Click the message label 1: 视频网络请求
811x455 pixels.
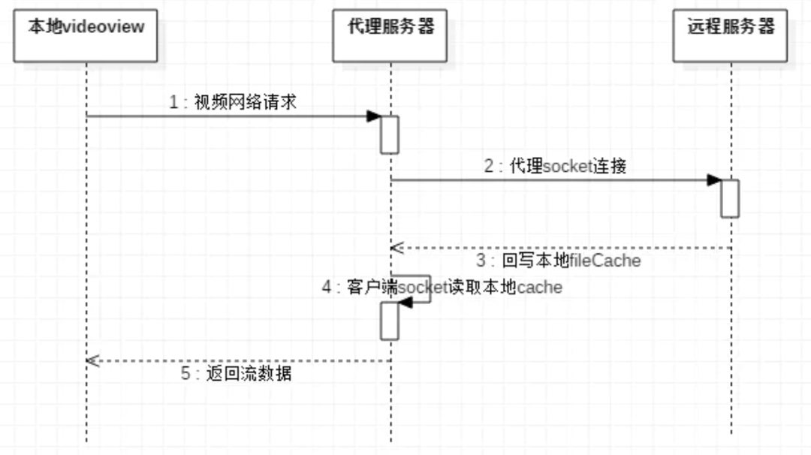coord(233,102)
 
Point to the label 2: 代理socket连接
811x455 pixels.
coord(555,166)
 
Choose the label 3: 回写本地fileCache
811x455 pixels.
coord(559,261)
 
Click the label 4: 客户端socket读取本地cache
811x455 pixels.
coord(442,287)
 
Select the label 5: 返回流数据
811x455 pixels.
coord(237,373)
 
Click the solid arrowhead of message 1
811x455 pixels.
coord(373,116)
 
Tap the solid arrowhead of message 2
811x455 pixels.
coord(713,180)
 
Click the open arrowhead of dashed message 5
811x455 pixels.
coord(93,360)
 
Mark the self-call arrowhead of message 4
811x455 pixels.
coord(405,302)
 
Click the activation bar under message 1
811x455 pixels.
coord(390,134)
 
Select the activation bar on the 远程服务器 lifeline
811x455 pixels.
coord(730,198)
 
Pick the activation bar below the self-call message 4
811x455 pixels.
coord(390,321)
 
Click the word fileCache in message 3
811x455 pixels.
coord(605,261)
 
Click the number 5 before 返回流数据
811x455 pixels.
coord(185,373)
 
